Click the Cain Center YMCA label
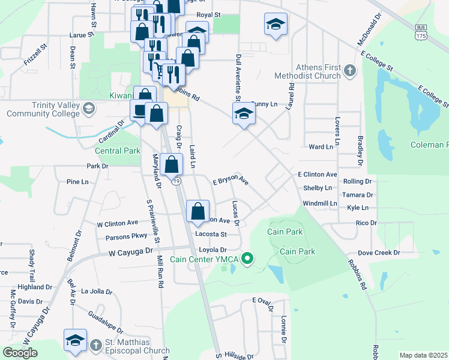[x=205, y=259]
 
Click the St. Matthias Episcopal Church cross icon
[x=95, y=346]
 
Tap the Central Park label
[x=117, y=151]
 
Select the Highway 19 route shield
[x=176, y=181]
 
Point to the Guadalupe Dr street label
[x=105, y=322]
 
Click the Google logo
[x=20, y=353]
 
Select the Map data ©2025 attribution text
[x=423, y=355]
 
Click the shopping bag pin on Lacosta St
[x=198, y=211]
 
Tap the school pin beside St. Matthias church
[x=76, y=340]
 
